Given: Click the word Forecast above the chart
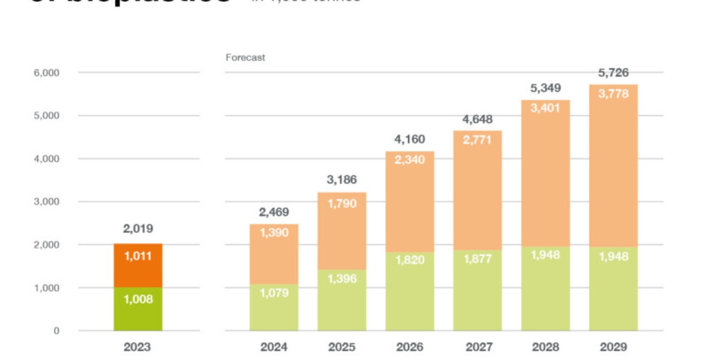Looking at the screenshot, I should (x=245, y=58).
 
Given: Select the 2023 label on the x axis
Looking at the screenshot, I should (x=137, y=347).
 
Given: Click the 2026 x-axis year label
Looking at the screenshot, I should (x=410, y=347).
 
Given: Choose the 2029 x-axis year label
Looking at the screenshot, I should (x=613, y=347).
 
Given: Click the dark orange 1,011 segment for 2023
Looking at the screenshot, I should (x=137, y=265).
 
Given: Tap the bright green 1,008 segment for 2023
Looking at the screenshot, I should (x=137, y=309).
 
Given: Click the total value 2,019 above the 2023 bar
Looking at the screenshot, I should (x=137, y=229).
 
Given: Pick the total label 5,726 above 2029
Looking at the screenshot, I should (x=613, y=73).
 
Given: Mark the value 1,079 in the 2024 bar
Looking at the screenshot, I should (x=274, y=294).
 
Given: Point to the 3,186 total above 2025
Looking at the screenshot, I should (x=342, y=180).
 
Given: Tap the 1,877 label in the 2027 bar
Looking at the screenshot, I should (x=477, y=259).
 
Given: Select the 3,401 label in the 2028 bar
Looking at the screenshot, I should (x=546, y=109).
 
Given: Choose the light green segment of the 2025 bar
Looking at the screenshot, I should (x=342, y=302).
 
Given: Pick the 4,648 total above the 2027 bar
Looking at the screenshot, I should (x=477, y=120).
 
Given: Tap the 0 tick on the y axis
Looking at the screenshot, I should (x=56, y=331).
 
